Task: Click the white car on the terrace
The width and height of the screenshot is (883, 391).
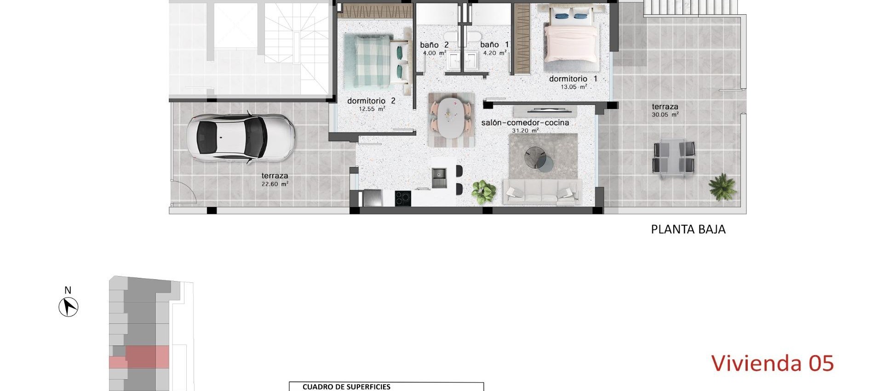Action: click(x=240, y=138)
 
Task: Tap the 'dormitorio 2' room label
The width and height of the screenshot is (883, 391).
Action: click(x=371, y=101)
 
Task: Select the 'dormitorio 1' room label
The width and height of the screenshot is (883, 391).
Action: click(x=573, y=79)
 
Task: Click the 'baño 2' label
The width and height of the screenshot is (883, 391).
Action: click(x=434, y=45)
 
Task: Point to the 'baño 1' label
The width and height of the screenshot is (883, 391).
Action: click(x=494, y=45)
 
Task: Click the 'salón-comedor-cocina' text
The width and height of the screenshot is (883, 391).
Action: click(x=525, y=123)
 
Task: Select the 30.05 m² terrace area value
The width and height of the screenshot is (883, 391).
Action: click(x=665, y=115)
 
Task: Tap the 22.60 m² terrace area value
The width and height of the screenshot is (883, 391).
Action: click(x=275, y=184)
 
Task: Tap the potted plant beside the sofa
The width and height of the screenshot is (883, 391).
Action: click(x=483, y=190)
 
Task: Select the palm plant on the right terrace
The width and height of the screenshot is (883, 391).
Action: click(x=722, y=186)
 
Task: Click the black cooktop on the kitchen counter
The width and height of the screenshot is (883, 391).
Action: click(x=403, y=198)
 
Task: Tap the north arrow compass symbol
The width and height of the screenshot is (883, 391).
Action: click(x=69, y=307)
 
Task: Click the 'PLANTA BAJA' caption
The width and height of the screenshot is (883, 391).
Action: click(x=688, y=229)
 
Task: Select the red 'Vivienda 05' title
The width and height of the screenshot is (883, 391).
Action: click(x=772, y=363)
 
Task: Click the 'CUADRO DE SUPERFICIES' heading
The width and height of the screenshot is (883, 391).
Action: click(x=346, y=387)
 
